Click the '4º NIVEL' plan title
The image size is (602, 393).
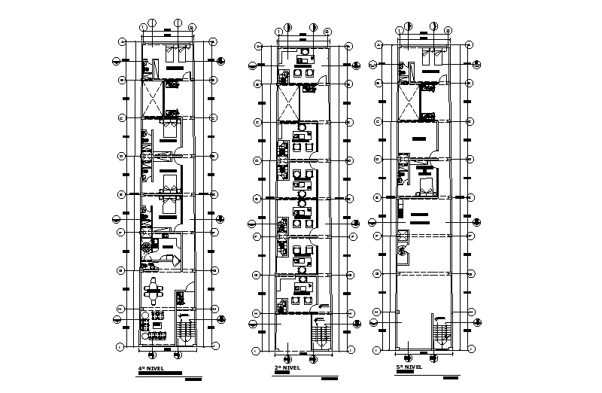pos(150,367)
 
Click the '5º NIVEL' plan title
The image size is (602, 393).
pos(410,367)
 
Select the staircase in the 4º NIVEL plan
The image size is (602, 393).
pos(184,331)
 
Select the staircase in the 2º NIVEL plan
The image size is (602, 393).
pos(321,332)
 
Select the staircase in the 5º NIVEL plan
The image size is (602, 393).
pos(441,332)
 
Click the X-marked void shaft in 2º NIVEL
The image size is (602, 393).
pos(289,102)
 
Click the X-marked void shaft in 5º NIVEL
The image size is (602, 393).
pos(410,102)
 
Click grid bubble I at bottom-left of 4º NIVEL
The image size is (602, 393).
pos(120,346)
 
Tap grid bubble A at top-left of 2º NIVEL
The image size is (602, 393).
pos(258,47)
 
